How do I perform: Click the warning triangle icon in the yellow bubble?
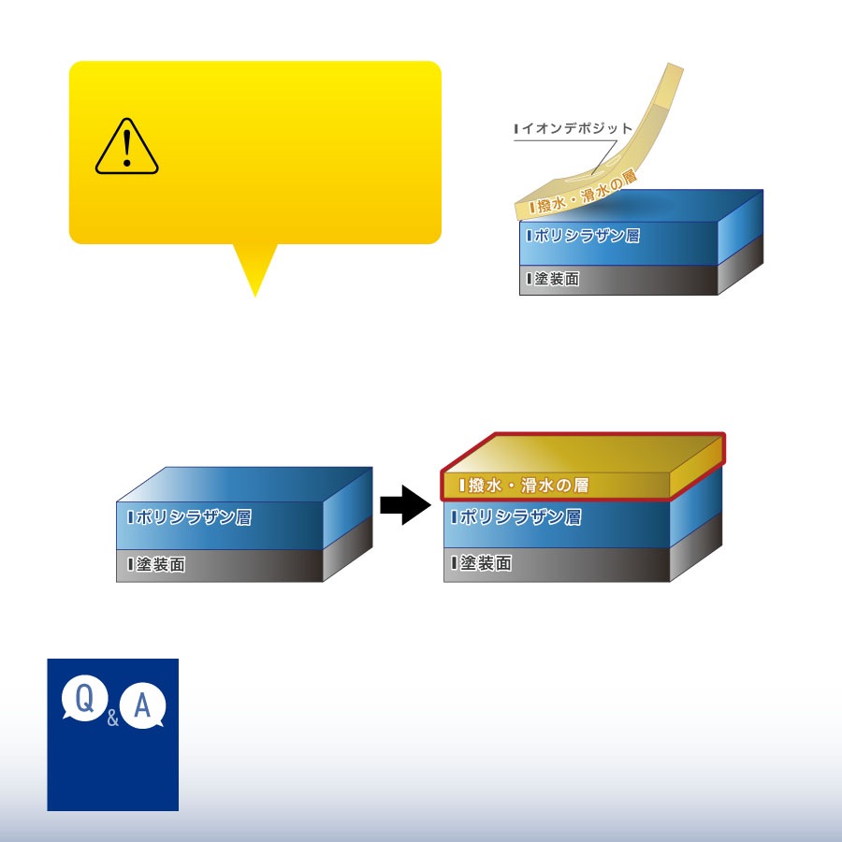coord(127,148)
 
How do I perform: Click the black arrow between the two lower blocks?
coord(404,505)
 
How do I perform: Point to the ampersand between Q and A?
coord(113,719)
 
